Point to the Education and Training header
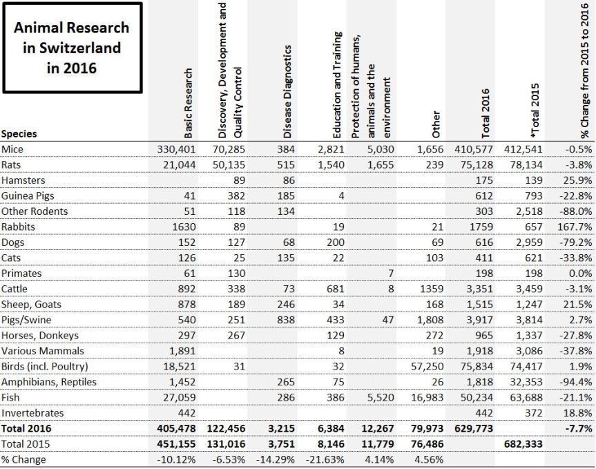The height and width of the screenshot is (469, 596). tap(338, 86)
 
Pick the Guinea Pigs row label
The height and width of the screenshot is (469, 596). tap(28, 195)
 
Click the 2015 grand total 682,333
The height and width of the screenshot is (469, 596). tap(524, 443)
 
